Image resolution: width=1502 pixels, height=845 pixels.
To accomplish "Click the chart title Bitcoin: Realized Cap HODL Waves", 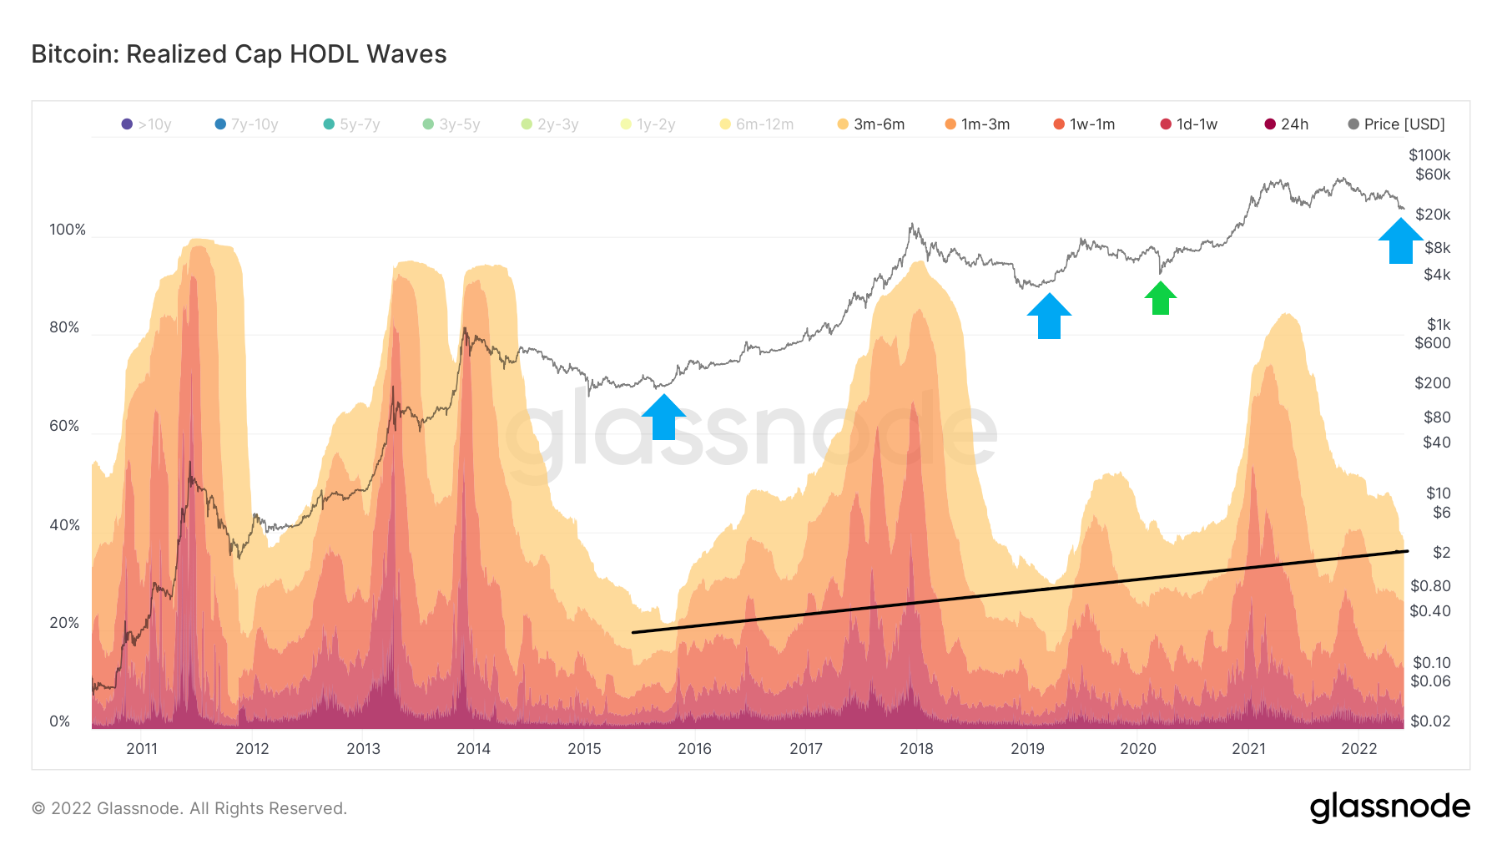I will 239,54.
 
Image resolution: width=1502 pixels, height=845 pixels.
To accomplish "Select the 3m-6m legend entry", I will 871,124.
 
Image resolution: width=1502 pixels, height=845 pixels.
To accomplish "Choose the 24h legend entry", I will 1287,124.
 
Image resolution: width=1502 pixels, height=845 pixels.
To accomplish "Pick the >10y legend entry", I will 147,124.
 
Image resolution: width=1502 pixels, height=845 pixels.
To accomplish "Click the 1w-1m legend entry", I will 1084,124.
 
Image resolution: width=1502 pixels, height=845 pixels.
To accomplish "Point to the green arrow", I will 1160,298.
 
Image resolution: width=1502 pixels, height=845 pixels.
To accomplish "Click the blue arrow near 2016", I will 663,417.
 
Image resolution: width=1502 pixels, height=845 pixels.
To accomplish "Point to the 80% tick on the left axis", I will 64,327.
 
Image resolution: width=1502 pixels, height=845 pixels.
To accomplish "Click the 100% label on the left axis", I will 68,230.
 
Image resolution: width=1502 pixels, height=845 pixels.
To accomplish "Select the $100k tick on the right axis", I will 1429,155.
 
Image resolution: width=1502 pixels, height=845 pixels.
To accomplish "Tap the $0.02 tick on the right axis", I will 1430,721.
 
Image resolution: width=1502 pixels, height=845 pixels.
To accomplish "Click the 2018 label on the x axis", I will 916,749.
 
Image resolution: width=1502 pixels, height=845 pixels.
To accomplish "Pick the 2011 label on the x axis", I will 142,749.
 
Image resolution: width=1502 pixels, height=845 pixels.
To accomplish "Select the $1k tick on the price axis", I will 1439,325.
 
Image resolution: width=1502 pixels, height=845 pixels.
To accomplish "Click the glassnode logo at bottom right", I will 1389,807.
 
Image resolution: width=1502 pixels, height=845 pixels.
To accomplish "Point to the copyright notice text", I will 189,808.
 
